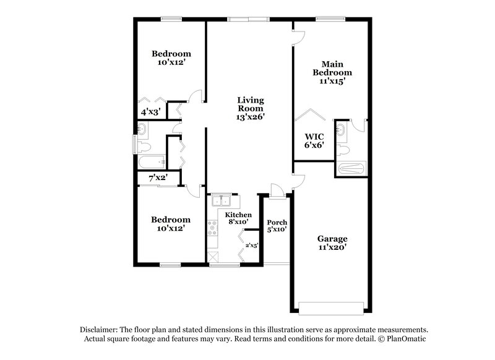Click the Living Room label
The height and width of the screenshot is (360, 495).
252,104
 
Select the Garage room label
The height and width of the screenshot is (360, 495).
332,239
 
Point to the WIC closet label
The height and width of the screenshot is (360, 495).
311,137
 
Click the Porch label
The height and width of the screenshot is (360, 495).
277,223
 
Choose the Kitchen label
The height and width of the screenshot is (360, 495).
238,215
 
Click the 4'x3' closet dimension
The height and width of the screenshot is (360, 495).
151,112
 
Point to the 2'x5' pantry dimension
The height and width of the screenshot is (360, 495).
251,246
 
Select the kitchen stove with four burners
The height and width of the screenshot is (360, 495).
213,229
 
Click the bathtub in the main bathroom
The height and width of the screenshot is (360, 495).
351,167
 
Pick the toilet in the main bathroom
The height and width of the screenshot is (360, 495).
342,148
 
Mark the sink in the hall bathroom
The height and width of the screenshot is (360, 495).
142,129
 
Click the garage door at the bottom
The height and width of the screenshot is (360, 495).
331,307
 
